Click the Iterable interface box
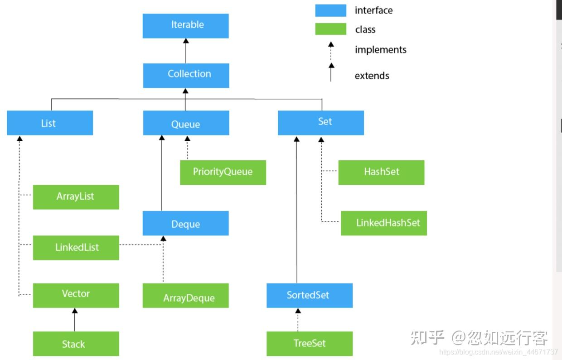[x=185, y=25]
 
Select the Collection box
[x=186, y=75]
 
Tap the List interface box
[x=50, y=123]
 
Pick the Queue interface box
[x=186, y=123]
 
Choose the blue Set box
[x=320, y=123]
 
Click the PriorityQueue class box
[x=223, y=173]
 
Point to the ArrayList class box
[x=76, y=197]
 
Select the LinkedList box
[x=76, y=248]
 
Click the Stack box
[x=76, y=344]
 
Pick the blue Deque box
[x=185, y=223]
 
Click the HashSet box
[x=381, y=173]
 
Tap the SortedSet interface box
[x=309, y=296]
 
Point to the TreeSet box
[x=309, y=344]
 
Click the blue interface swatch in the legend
[x=330, y=10]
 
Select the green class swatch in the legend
[x=330, y=29]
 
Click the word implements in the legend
[x=380, y=50]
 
